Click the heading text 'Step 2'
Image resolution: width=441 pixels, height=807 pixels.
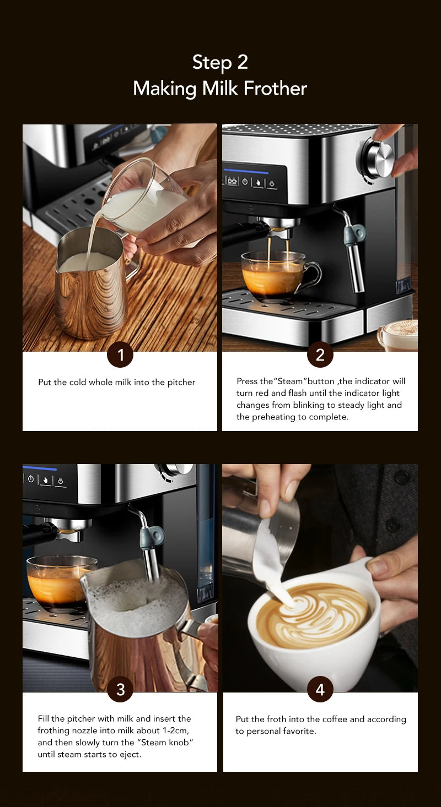(x=220, y=62)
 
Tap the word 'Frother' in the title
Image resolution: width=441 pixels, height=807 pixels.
(x=275, y=88)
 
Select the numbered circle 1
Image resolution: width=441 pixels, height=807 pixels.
(x=120, y=355)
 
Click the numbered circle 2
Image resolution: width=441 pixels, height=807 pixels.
(x=320, y=355)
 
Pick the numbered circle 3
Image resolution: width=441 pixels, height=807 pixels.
(x=120, y=690)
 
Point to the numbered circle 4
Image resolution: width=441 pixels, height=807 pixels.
(x=320, y=690)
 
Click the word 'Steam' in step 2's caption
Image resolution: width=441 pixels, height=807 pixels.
(x=290, y=381)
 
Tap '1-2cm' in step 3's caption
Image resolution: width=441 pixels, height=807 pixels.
(x=175, y=730)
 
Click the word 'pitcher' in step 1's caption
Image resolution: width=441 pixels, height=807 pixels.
(x=181, y=382)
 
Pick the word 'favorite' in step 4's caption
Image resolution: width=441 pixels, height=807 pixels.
(x=299, y=730)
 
